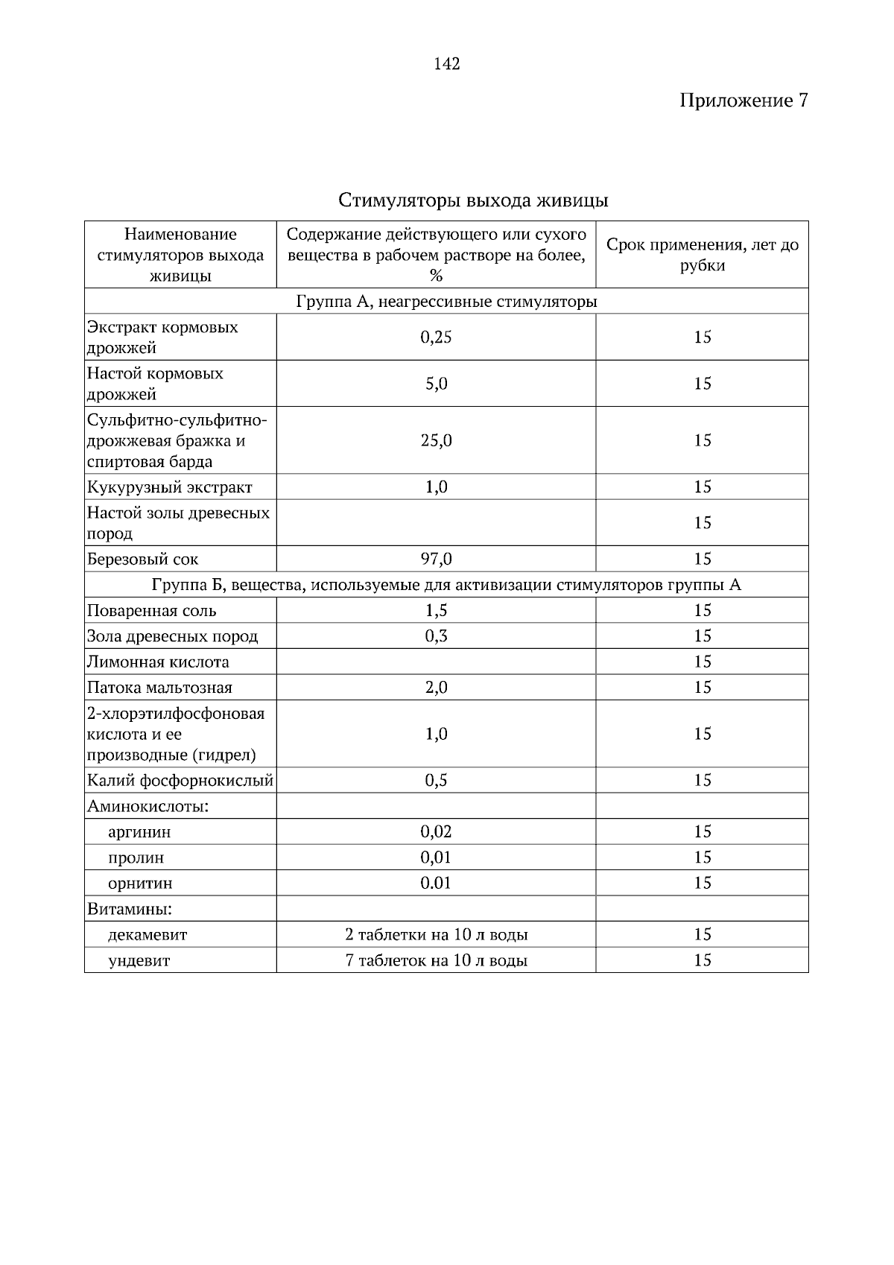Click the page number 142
point(446,64)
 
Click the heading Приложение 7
point(743,101)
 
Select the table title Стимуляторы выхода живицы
point(473,200)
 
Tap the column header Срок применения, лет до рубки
point(702,255)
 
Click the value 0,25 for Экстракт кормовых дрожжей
point(436,337)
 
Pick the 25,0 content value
point(436,440)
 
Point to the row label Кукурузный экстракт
point(170,487)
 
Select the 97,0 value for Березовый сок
point(436,559)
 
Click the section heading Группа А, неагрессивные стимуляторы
point(446,302)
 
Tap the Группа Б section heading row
point(446,585)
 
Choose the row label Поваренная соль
point(152,611)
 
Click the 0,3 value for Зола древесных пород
point(436,636)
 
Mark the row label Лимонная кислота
point(159,662)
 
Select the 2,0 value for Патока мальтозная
point(436,688)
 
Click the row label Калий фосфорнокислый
point(180,781)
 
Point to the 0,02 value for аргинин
point(436,831)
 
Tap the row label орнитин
point(140,884)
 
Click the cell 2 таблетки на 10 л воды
point(436,935)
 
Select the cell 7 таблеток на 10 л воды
point(436,960)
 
